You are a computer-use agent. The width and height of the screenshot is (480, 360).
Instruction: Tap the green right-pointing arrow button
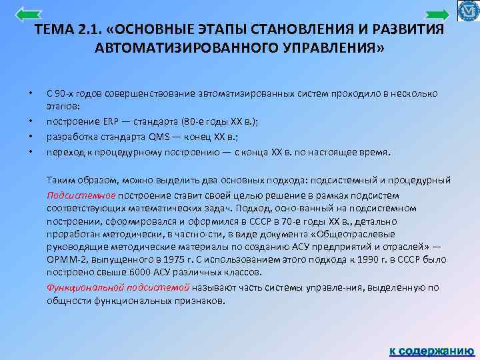tap(437, 15)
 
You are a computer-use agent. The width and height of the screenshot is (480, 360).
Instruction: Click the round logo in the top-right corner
tap(469, 11)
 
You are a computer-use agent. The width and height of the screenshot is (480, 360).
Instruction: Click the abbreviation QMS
tap(158, 137)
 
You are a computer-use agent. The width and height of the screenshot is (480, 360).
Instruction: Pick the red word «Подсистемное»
tap(81, 195)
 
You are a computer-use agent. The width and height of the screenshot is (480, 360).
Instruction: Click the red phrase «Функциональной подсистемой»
tap(118, 287)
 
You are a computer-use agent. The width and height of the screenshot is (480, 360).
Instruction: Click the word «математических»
tap(157, 208)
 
